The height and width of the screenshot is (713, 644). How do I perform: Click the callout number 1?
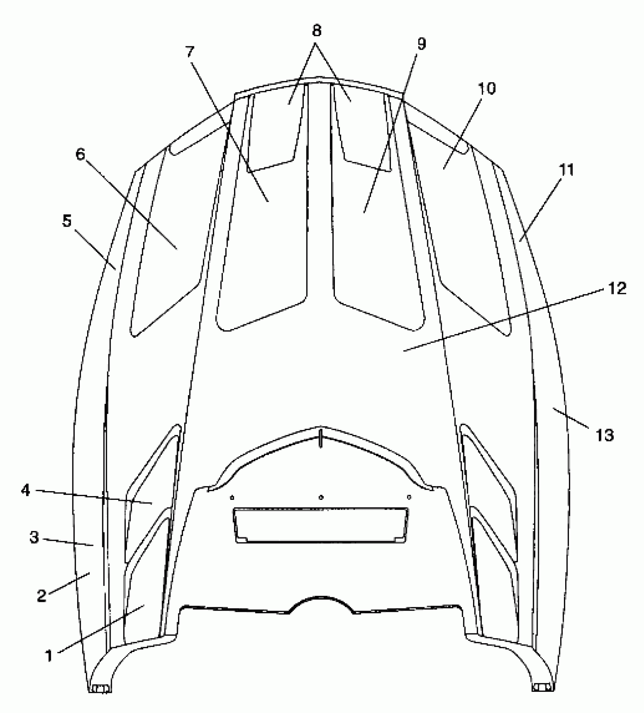click(x=49, y=655)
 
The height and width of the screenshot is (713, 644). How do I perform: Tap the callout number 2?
click(x=42, y=596)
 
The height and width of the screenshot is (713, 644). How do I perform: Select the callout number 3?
click(x=34, y=537)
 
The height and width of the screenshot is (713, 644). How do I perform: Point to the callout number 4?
click(x=25, y=490)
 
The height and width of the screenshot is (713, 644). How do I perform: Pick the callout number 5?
click(x=67, y=221)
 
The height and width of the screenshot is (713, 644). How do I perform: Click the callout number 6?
click(x=81, y=155)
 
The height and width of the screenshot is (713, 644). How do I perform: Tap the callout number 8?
click(x=317, y=31)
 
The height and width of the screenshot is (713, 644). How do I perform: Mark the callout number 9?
click(x=421, y=44)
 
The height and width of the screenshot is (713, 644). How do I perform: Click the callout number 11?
click(x=567, y=170)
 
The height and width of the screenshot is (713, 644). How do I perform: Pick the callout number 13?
click(x=605, y=435)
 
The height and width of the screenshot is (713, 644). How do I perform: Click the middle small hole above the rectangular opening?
click(x=321, y=497)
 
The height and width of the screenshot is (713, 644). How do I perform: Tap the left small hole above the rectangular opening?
click(x=232, y=497)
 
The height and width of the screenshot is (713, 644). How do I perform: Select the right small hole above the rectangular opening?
click(x=409, y=497)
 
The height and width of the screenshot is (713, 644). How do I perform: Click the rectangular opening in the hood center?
click(x=321, y=525)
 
